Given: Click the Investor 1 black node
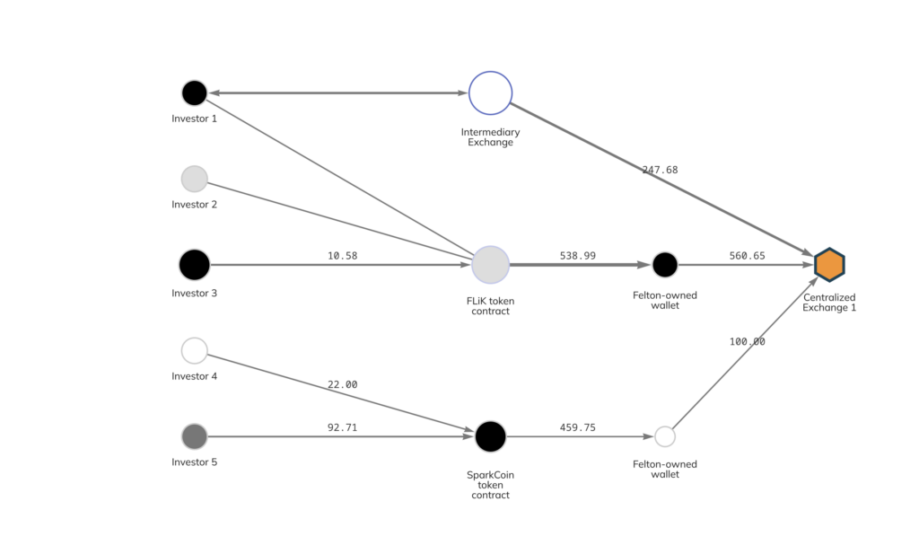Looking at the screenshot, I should (195, 92).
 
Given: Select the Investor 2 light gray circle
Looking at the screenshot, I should (195, 179).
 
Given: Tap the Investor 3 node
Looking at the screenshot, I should (195, 265).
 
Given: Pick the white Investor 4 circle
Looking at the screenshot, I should (195, 350).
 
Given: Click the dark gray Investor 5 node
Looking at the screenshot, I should (195, 436).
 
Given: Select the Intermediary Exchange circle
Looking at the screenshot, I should (490, 92).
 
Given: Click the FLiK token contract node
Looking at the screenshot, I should (490, 265).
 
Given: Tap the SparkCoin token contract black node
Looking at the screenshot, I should (490, 436).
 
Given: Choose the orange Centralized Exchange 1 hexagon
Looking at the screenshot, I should (829, 265).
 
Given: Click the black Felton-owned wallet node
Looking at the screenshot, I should (665, 265).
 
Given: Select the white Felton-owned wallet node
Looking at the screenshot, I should (665, 436).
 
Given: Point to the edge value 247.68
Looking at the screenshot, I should (660, 170).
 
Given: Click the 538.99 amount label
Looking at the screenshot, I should (578, 256).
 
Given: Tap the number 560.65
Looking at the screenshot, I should (747, 256).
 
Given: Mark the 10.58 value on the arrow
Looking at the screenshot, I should (343, 256).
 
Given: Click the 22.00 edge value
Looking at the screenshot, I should (342, 384).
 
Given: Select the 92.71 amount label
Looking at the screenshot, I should (342, 427).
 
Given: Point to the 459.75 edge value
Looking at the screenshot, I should (578, 427).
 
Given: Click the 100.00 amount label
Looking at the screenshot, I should (747, 341).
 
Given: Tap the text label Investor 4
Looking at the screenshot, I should (195, 376).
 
